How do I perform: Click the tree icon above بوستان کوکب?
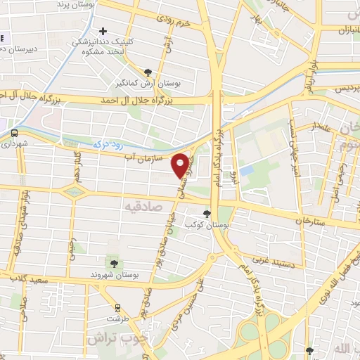point(207,213)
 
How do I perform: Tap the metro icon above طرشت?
point(117,307)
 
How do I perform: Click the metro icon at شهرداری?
point(14,131)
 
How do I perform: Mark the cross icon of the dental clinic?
point(103,31)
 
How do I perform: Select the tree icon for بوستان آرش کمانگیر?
point(148,72)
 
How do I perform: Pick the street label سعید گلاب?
point(29,279)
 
